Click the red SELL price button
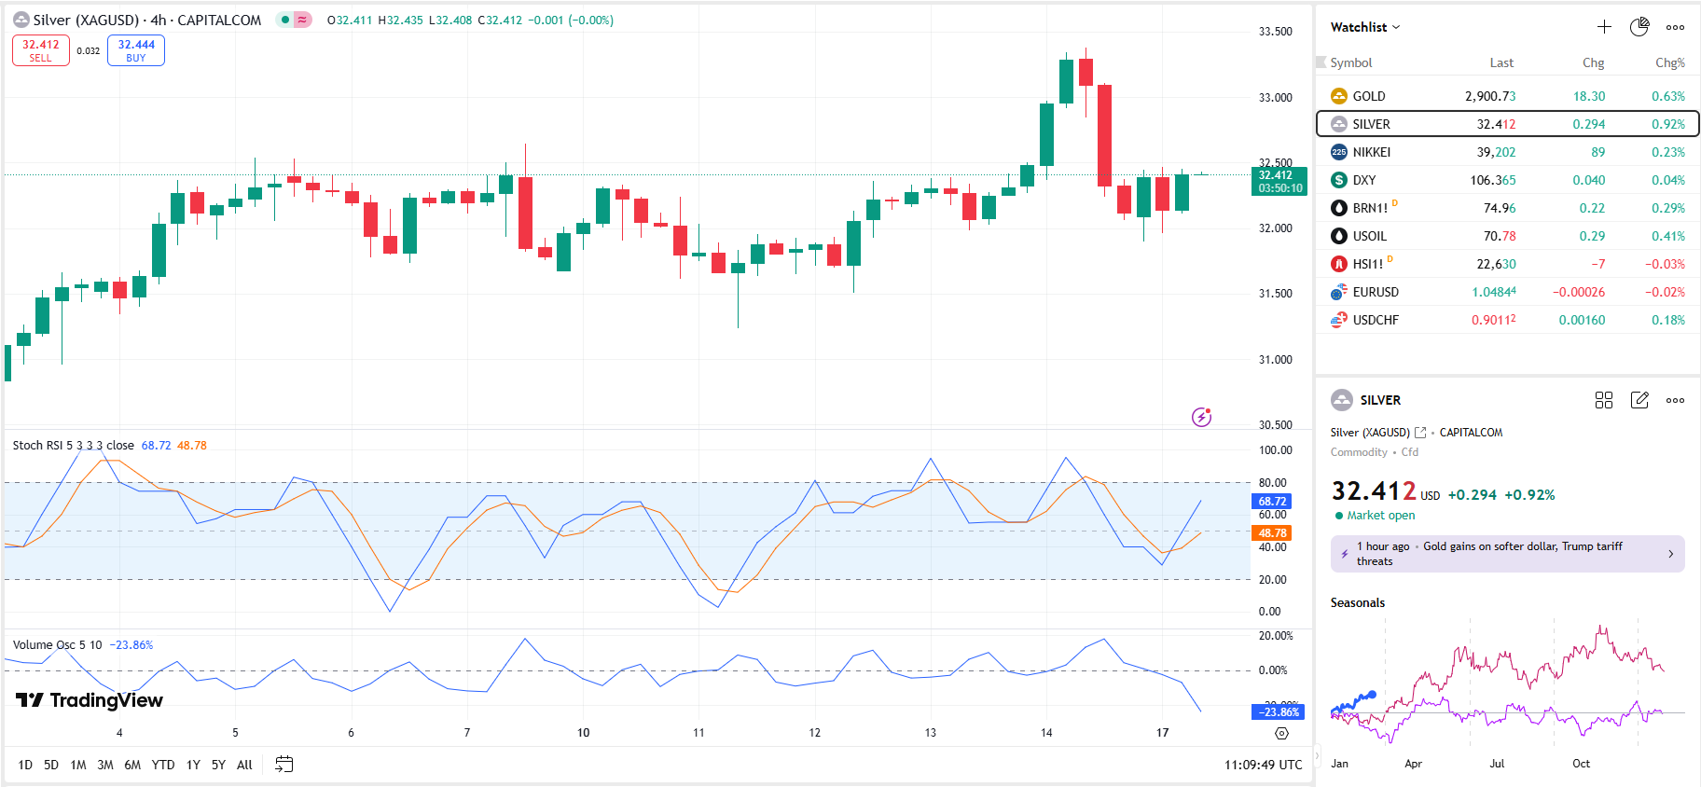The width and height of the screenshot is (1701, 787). point(41,50)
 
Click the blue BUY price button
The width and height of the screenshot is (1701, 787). point(136,50)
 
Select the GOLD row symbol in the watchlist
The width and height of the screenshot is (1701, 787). point(1369,96)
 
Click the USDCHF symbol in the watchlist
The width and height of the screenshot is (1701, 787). point(1376,320)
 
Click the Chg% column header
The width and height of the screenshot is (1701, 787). point(1669,62)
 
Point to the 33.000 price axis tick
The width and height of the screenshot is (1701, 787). point(1275,97)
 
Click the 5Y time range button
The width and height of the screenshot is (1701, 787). point(218,765)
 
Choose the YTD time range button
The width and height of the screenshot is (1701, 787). point(163,765)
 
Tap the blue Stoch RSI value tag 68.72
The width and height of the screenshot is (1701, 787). point(1272,502)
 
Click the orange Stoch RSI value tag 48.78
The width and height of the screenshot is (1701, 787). point(1272,533)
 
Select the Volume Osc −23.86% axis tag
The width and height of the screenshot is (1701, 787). point(1278,711)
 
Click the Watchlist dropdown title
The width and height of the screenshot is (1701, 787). point(1364,27)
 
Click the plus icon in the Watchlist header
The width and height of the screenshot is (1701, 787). point(1604,27)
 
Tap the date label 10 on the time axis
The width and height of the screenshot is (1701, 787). point(583,733)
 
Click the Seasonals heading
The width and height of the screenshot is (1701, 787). point(1357,602)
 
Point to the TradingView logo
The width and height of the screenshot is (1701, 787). point(90,700)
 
